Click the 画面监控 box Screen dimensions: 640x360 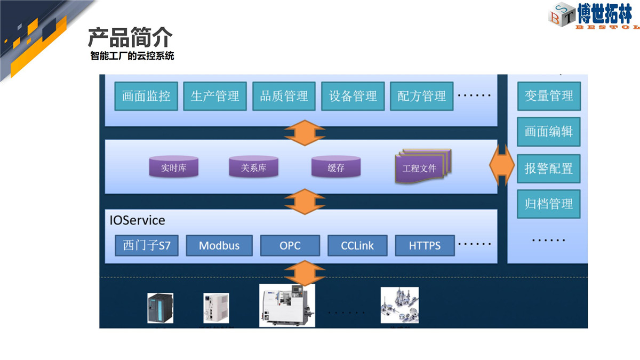click(x=146, y=96)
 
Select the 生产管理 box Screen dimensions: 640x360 click(x=215, y=96)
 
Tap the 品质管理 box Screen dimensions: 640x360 click(x=284, y=96)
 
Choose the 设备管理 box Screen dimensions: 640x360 click(x=353, y=96)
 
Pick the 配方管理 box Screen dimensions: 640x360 click(x=422, y=96)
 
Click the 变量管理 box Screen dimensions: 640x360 click(x=549, y=96)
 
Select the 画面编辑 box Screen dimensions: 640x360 click(x=549, y=132)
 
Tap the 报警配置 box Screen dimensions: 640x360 click(x=549, y=169)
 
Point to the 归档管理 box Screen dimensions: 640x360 click(x=549, y=204)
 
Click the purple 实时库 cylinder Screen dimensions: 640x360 click(x=174, y=166)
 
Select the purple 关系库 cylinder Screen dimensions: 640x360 click(x=253, y=166)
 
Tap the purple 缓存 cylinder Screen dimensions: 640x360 click(x=335, y=166)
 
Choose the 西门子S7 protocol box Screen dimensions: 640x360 click(x=147, y=245)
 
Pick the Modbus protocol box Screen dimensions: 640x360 click(x=219, y=245)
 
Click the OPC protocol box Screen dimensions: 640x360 click(x=290, y=245)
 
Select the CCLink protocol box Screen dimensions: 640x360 click(x=357, y=245)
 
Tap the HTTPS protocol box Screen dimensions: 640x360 click(x=425, y=245)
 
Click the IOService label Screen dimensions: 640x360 click(x=138, y=220)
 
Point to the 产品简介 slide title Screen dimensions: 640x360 click(x=130, y=37)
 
